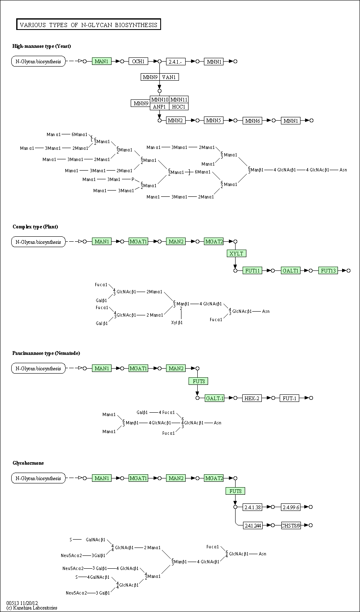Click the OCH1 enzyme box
(138, 62)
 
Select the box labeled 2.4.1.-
(176, 62)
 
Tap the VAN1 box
(169, 77)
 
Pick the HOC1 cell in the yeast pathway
(179, 107)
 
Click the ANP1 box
(160, 107)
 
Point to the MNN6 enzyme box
(252, 121)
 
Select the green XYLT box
(236, 253)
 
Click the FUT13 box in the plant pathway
(328, 270)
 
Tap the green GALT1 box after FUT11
(290, 270)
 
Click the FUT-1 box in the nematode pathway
(290, 398)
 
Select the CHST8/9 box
(291, 525)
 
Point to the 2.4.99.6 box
(291, 507)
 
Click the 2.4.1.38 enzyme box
(253, 507)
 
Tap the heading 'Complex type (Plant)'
(35, 227)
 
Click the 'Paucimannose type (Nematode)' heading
(46, 353)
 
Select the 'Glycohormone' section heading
(28, 463)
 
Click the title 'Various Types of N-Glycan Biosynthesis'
(89, 25)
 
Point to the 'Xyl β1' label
(177, 322)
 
